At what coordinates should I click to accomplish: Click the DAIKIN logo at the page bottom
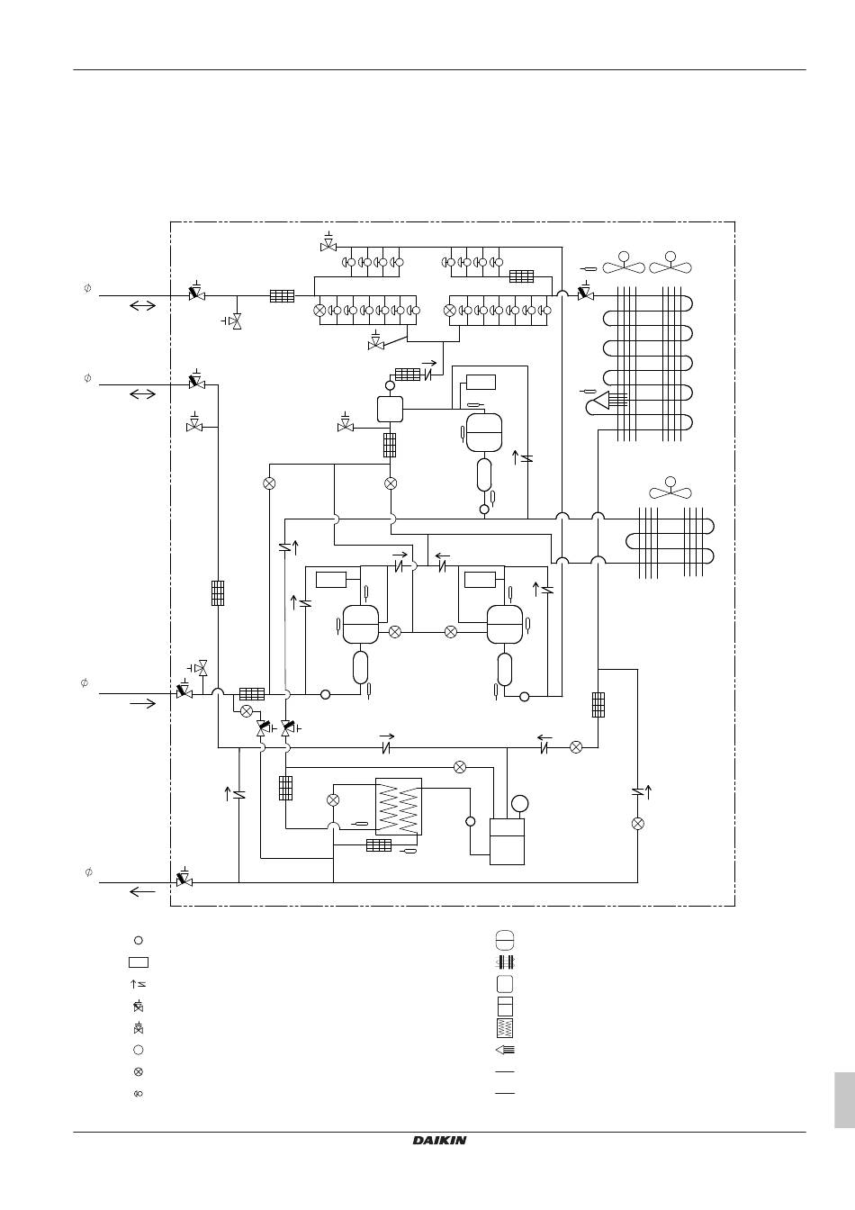click(439, 1141)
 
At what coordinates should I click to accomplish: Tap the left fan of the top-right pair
click(624, 263)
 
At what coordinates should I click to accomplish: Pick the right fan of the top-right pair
click(670, 263)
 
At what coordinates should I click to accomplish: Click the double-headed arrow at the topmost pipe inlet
click(142, 306)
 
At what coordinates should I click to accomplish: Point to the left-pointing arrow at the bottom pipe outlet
click(142, 891)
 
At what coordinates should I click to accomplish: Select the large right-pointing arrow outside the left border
click(142, 703)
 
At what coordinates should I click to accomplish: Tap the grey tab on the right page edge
click(843, 1099)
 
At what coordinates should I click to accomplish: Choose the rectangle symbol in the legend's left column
click(138, 962)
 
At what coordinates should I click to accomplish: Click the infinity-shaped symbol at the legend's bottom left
click(138, 1094)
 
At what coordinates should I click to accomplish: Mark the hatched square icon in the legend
click(504, 1028)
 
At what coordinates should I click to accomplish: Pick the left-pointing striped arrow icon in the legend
click(504, 1050)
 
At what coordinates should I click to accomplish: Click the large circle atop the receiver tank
click(518, 803)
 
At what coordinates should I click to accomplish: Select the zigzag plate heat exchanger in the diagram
click(398, 806)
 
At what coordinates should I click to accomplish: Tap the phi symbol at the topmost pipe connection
click(87, 288)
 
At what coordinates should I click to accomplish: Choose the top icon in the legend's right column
click(504, 940)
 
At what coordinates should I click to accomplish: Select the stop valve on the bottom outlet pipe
click(184, 879)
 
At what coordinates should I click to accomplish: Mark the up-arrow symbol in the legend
click(138, 984)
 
